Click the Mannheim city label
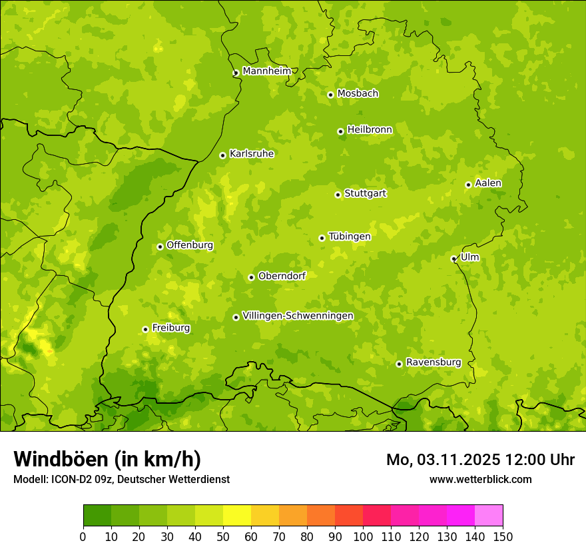266,71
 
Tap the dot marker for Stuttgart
338,195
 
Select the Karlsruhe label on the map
251,154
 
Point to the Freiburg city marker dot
145,329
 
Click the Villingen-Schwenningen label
298,316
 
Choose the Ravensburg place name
433,362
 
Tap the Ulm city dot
453,259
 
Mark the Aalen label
487,183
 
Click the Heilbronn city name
370,130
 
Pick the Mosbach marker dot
330,95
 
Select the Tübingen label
349,237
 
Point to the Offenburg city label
189,245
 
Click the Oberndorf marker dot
251,277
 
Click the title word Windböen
61,460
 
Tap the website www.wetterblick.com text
480,479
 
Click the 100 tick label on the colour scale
363,536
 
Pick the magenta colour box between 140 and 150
489,516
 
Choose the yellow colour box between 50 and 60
237,516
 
